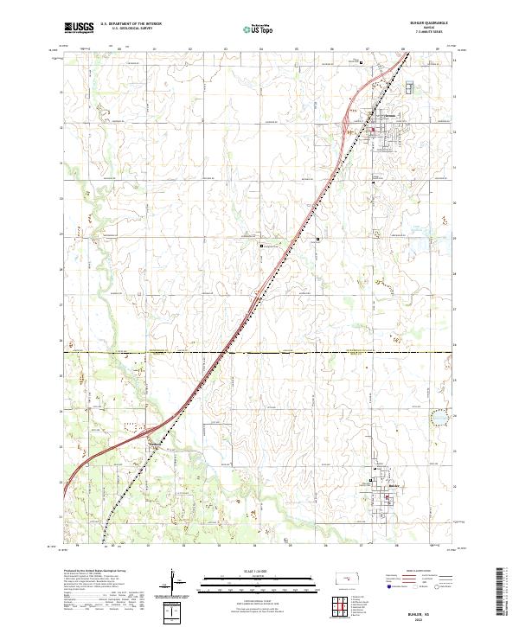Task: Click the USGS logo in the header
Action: coord(79,27)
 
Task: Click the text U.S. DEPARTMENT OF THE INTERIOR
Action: coord(131,23)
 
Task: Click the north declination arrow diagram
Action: coord(175,585)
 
